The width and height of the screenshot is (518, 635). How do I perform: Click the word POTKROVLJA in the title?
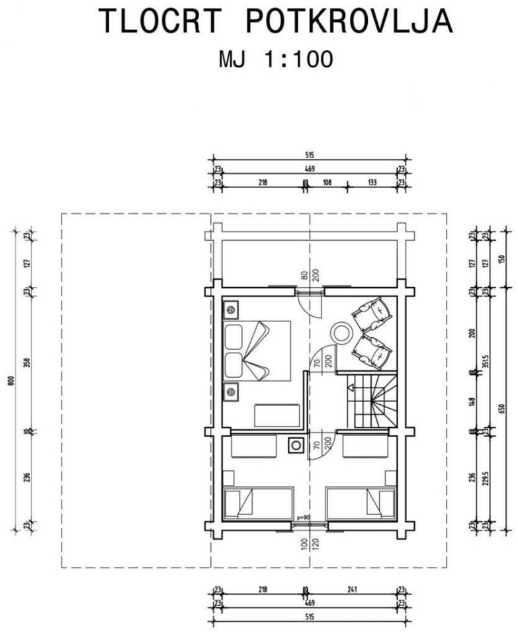[x=349, y=21]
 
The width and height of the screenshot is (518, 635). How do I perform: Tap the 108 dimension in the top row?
[x=326, y=183]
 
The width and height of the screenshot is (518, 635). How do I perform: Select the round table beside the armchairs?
[x=343, y=331]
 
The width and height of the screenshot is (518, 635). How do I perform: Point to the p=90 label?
[x=303, y=518]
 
